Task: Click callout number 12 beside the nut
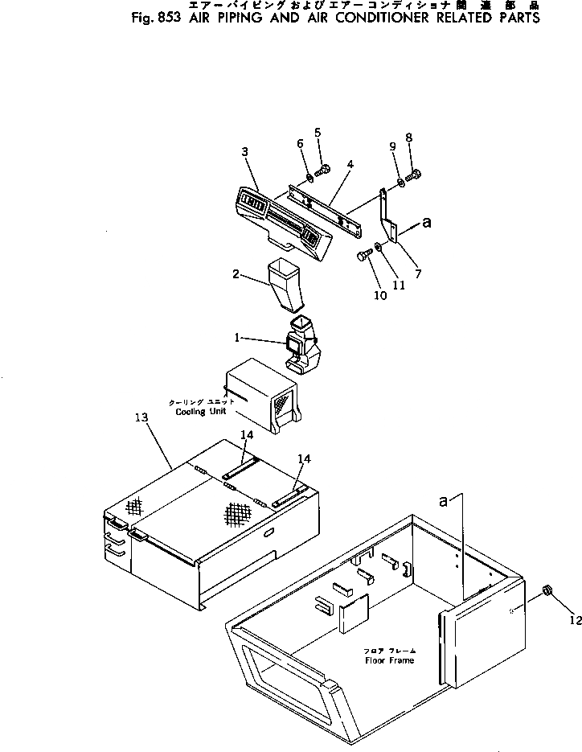pyautogui.click(x=574, y=619)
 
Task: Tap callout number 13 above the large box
pyautogui.click(x=141, y=417)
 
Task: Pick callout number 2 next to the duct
pyautogui.click(x=237, y=274)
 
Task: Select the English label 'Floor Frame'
pyautogui.click(x=389, y=660)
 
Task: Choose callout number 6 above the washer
pyautogui.click(x=300, y=143)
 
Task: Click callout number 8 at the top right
pyautogui.click(x=408, y=138)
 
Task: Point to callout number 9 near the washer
pyautogui.click(x=392, y=146)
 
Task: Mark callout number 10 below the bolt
pyautogui.click(x=379, y=296)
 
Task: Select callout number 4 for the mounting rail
pyautogui.click(x=350, y=165)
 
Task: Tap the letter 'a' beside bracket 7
pyautogui.click(x=426, y=225)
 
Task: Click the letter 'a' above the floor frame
pyautogui.click(x=443, y=500)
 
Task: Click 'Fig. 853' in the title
pyautogui.click(x=154, y=18)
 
